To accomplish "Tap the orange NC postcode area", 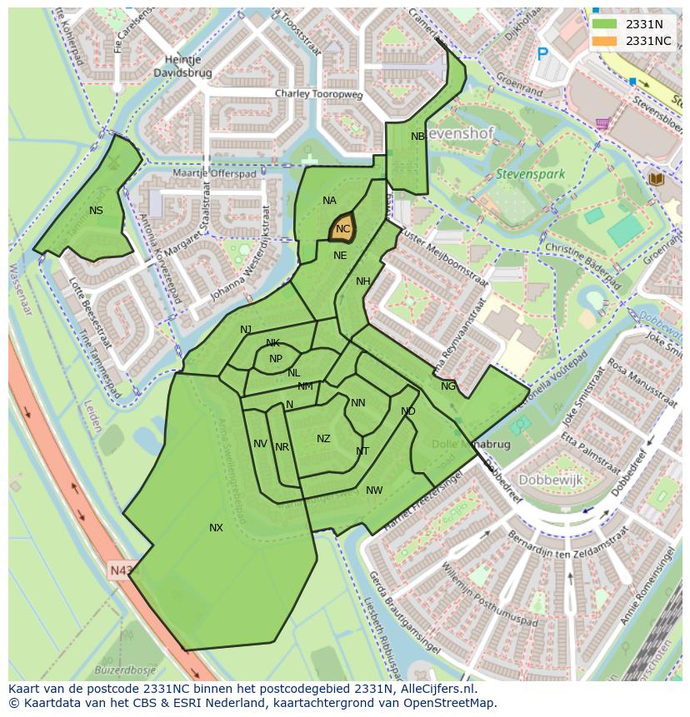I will pyautogui.click(x=343, y=228).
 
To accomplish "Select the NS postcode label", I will pyautogui.click(x=96, y=211).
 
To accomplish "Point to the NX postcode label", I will pyautogui.click(x=216, y=528).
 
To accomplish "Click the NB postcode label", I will pyautogui.click(x=417, y=137).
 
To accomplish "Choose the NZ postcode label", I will pyautogui.click(x=323, y=439).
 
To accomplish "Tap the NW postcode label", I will pyautogui.click(x=374, y=490).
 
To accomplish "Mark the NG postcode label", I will pyautogui.click(x=448, y=386).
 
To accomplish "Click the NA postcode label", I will pyautogui.click(x=329, y=201).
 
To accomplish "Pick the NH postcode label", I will pyautogui.click(x=362, y=281).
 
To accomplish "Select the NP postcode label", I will pyautogui.click(x=276, y=359).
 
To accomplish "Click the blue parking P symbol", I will pyautogui.click(x=542, y=54).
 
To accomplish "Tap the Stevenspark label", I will pyautogui.click(x=530, y=175).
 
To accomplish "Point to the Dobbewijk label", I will pyautogui.click(x=551, y=480).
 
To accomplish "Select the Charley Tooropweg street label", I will pyautogui.click(x=319, y=95).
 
